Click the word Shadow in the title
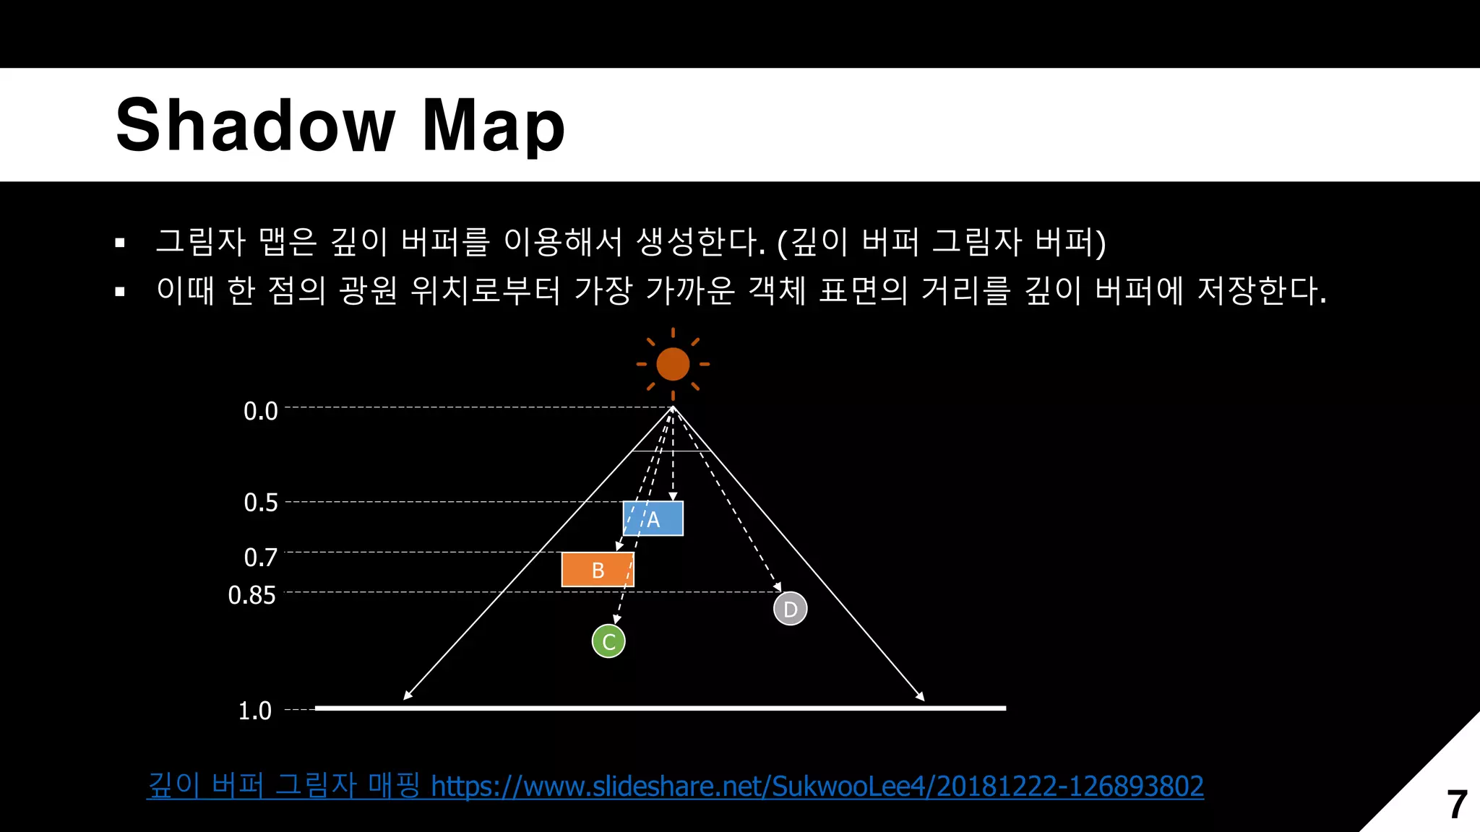point(255,126)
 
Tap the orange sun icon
point(673,364)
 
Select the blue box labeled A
point(653,519)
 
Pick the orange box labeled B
point(598,570)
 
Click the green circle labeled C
point(608,641)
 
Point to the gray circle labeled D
point(790,609)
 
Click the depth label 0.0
point(261,411)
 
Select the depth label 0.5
point(261,502)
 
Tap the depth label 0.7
point(261,557)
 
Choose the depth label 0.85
point(252,595)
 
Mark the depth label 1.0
point(255,711)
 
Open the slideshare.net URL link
point(817,786)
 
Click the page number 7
point(1456,804)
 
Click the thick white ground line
point(660,708)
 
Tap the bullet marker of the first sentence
point(120,243)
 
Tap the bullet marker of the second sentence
point(120,292)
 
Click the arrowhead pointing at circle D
point(778,587)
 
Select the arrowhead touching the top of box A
point(673,496)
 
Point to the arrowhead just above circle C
point(616,619)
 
